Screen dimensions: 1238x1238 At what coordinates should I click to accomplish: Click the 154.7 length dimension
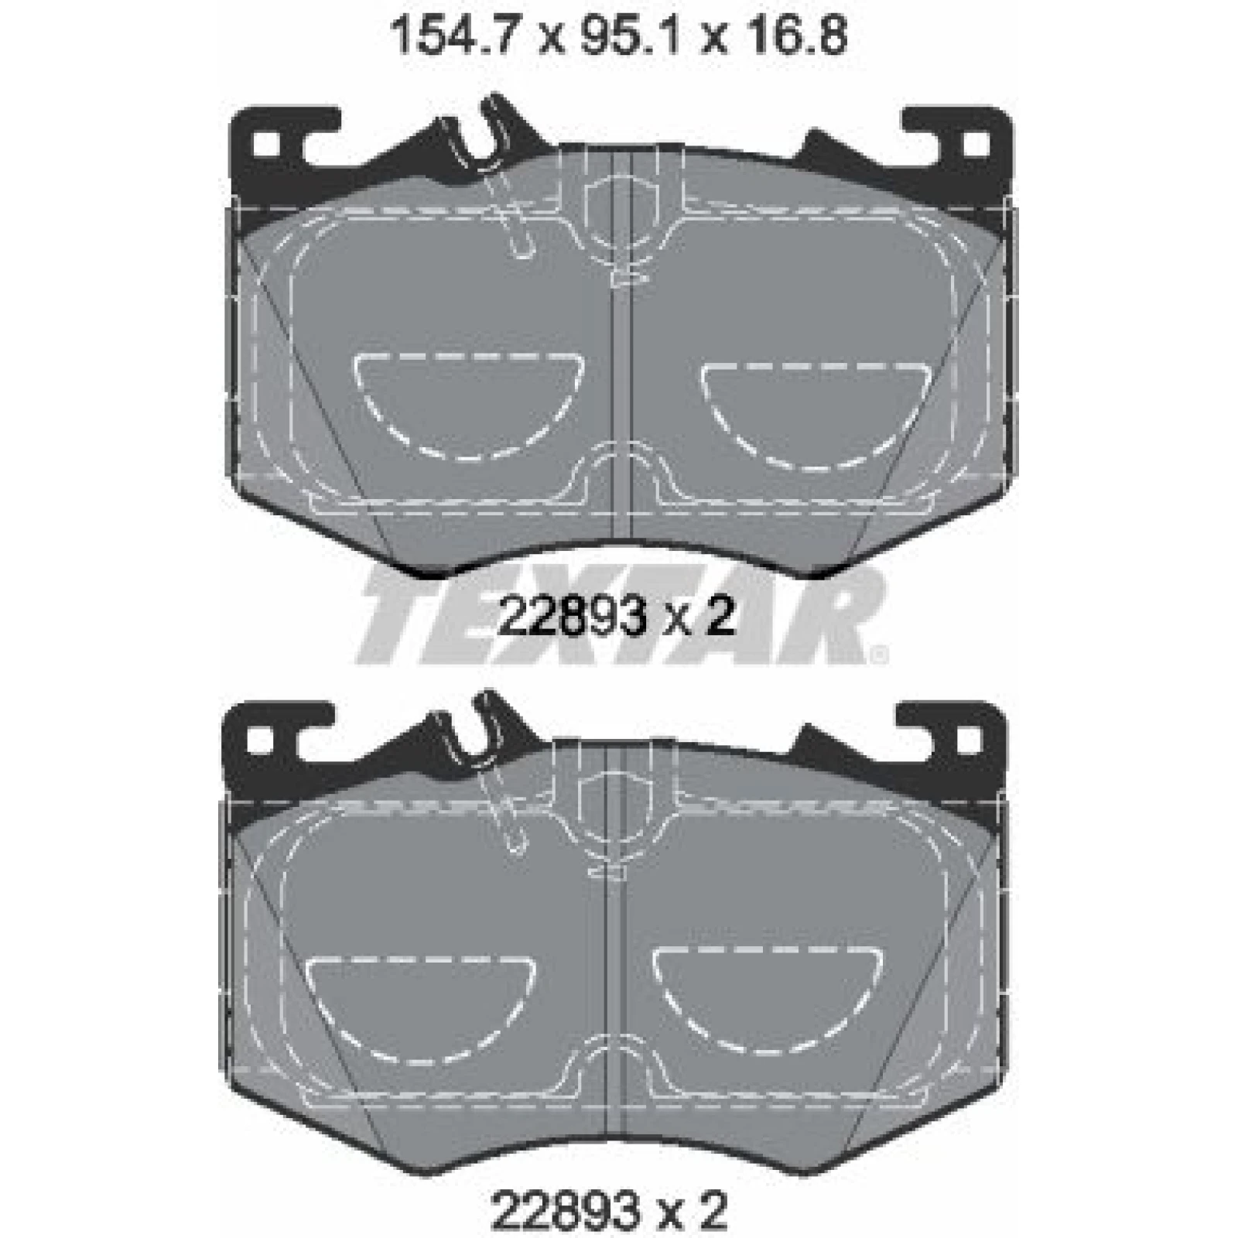click(x=452, y=36)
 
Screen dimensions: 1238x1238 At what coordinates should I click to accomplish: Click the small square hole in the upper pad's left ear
click(x=265, y=143)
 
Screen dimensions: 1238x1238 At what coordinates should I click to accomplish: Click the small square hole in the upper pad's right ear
click(x=978, y=143)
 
